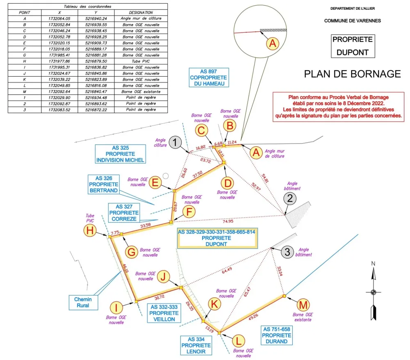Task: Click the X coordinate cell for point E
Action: tap(59, 43)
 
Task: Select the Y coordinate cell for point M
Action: tap(96, 91)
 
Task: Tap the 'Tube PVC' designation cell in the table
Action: tap(141, 61)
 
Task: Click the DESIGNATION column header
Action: tap(141, 13)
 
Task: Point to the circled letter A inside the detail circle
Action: tap(273, 43)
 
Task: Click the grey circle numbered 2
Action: tap(290, 198)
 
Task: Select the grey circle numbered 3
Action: tap(287, 252)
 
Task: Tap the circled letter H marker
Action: tap(90, 230)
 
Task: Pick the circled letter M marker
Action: tap(303, 305)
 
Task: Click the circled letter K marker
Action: tap(214, 304)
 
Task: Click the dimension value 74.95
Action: tap(228, 221)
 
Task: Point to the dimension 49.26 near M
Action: tap(253, 317)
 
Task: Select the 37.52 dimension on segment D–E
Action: tap(198, 174)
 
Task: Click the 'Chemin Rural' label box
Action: tap(83, 303)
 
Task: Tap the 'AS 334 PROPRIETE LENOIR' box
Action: tap(196, 345)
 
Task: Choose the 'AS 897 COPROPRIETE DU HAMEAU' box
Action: tap(209, 77)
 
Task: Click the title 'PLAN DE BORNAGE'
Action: tap(352, 74)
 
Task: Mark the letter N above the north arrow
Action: tap(373, 264)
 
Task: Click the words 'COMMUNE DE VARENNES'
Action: tap(353, 21)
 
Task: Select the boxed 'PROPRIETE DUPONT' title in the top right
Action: tap(353, 46)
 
